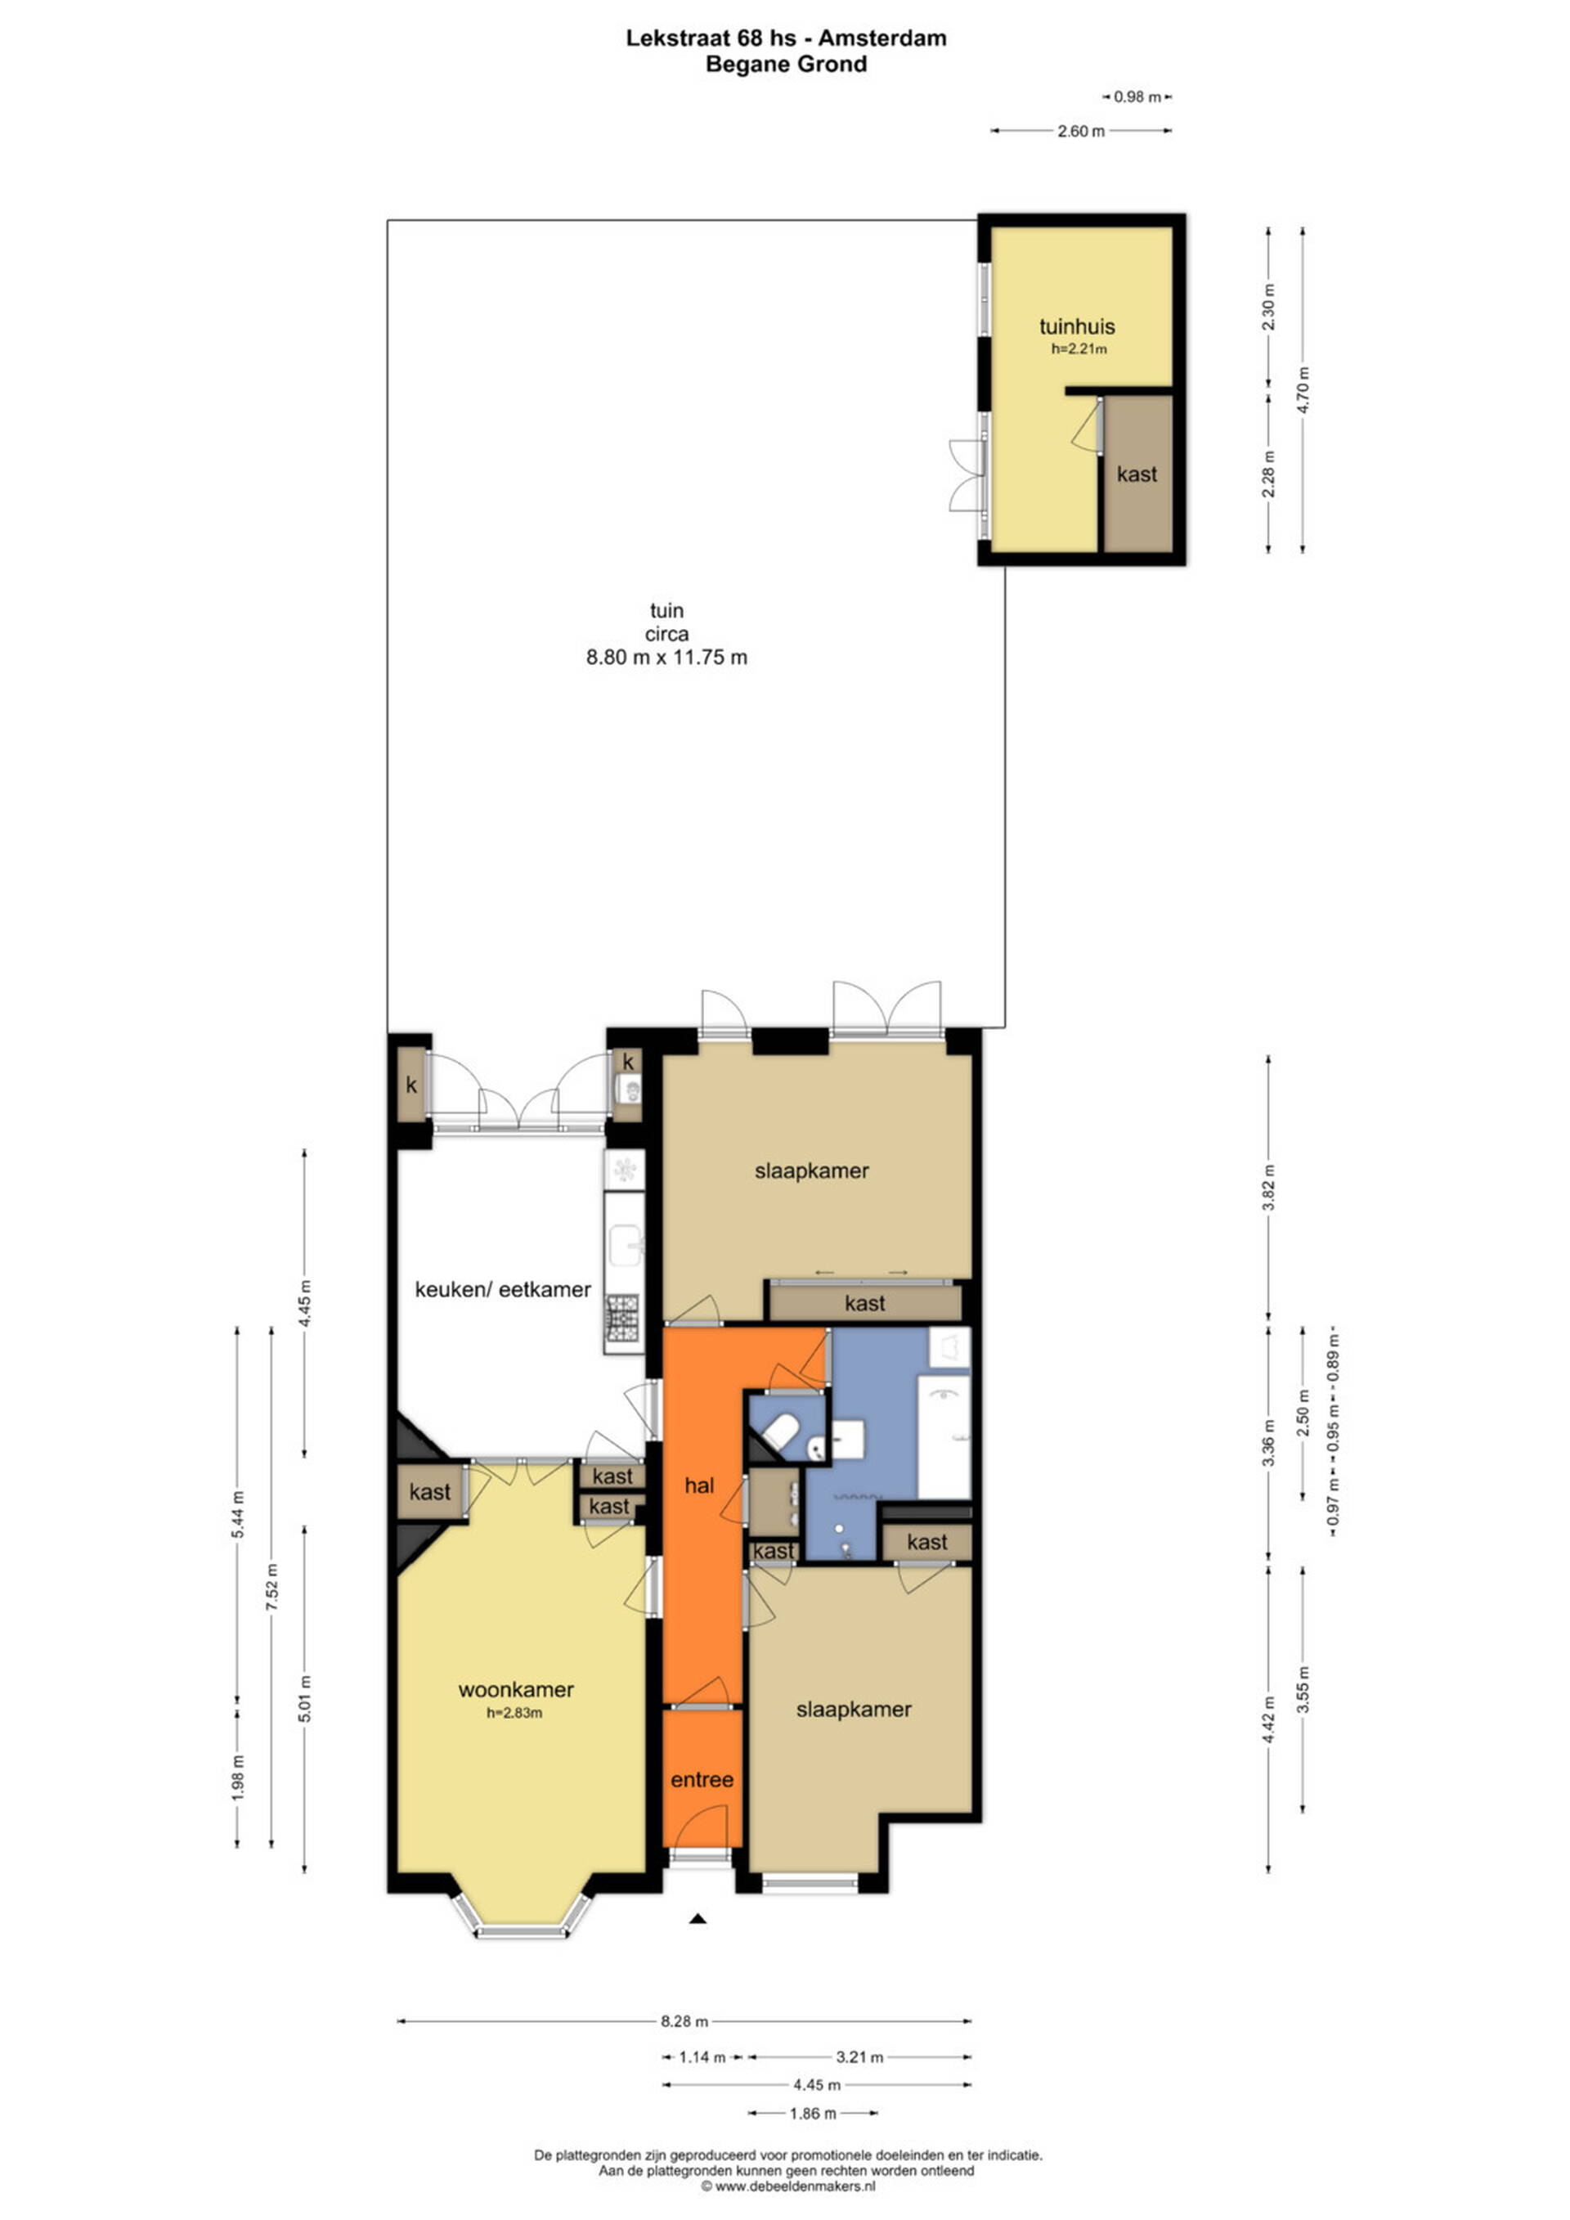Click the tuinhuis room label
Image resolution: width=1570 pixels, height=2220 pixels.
[x=1077, y=327]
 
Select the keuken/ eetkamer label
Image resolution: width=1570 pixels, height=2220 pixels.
[x=503, y=1289]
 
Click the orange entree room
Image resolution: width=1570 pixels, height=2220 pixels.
[x=702, y=1778]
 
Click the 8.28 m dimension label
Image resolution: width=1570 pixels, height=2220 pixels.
[x=684, y=2020]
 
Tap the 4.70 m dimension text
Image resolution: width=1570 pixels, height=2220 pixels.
[x=1303, y=389]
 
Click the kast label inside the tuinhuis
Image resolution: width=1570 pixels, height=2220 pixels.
[x=1137, y=474]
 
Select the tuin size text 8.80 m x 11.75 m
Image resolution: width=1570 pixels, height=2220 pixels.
[x=667, y=658]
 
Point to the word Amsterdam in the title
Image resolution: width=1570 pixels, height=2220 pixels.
[x=884, y=38]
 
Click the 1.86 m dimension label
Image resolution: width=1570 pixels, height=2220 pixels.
[x=813, y=2114]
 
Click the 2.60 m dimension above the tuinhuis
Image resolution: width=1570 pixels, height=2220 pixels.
[x=1081, y=132]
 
